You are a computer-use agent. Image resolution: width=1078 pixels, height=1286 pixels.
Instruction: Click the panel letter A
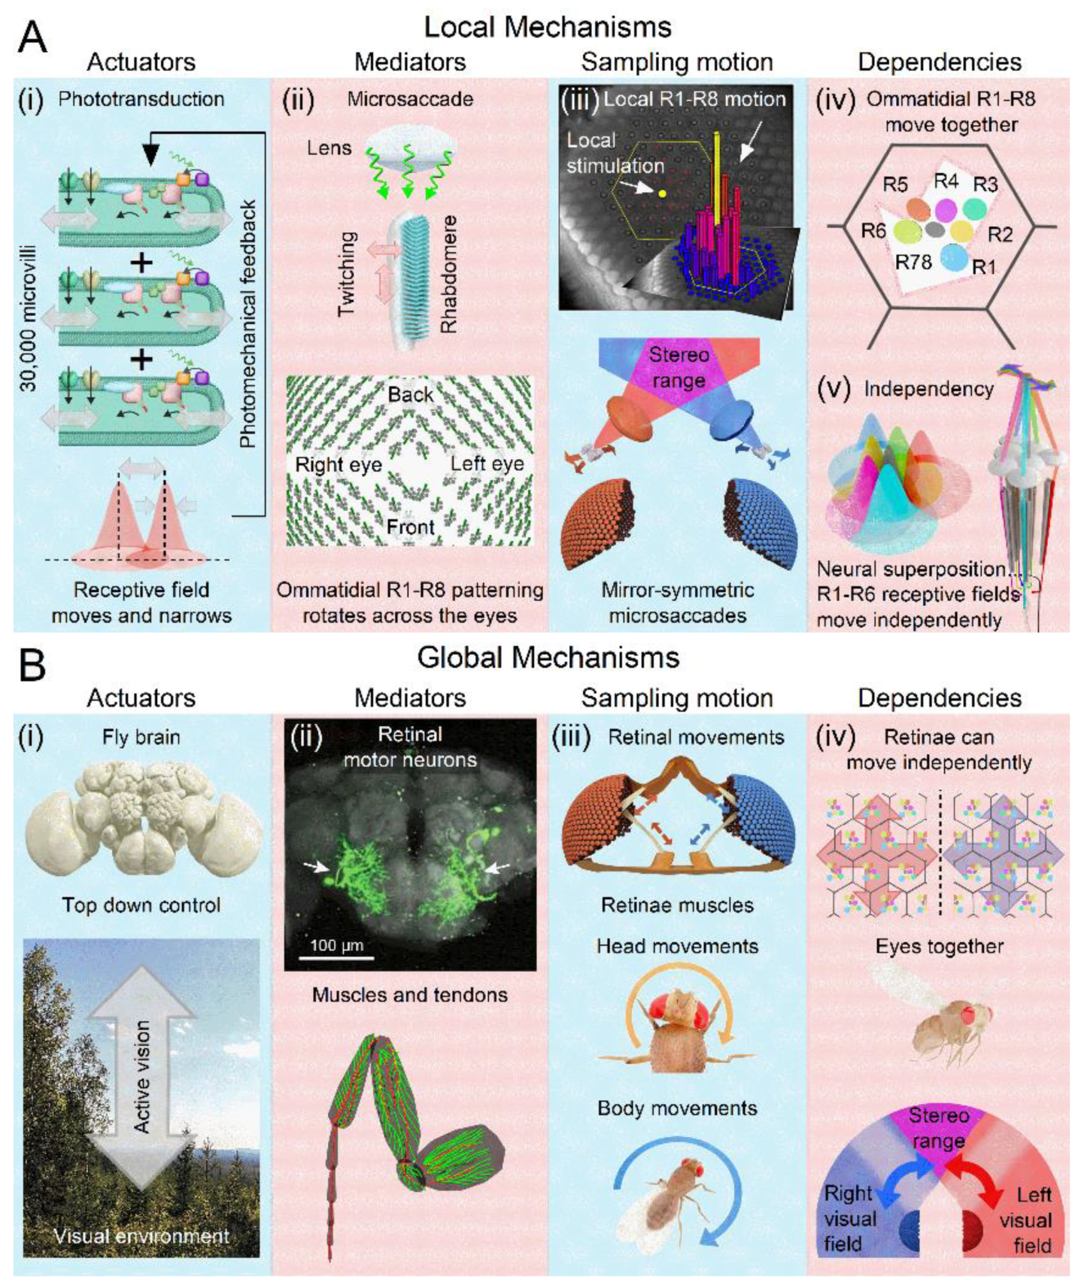pos(32,38)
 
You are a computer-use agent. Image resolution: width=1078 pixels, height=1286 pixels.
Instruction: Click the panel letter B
pos(32,665)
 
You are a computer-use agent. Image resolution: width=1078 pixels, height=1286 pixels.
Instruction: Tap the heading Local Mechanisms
pos(547,27)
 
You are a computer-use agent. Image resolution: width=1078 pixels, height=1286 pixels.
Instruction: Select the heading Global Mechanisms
pos(547,658)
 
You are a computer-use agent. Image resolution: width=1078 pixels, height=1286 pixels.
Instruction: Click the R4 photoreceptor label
pos(946,182)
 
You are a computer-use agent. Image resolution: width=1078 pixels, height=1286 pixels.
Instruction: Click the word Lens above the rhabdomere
pos(329,148)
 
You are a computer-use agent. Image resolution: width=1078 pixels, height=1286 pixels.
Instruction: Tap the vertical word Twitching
pos(345,273)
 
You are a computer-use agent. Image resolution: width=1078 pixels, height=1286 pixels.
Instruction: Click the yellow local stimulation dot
pos(662,193)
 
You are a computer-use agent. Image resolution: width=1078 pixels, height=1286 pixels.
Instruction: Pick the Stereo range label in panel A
pos(678,368)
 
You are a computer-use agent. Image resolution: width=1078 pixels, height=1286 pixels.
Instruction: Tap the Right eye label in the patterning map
pos(338,464)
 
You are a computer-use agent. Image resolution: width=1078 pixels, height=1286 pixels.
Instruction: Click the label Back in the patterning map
pos(410,395)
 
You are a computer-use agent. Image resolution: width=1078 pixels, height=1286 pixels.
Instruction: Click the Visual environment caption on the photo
pos(141,1236)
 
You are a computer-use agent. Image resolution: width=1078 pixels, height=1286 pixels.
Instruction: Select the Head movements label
pos(677,946)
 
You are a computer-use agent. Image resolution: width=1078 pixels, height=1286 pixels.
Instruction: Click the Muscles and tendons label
pos(410,994)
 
